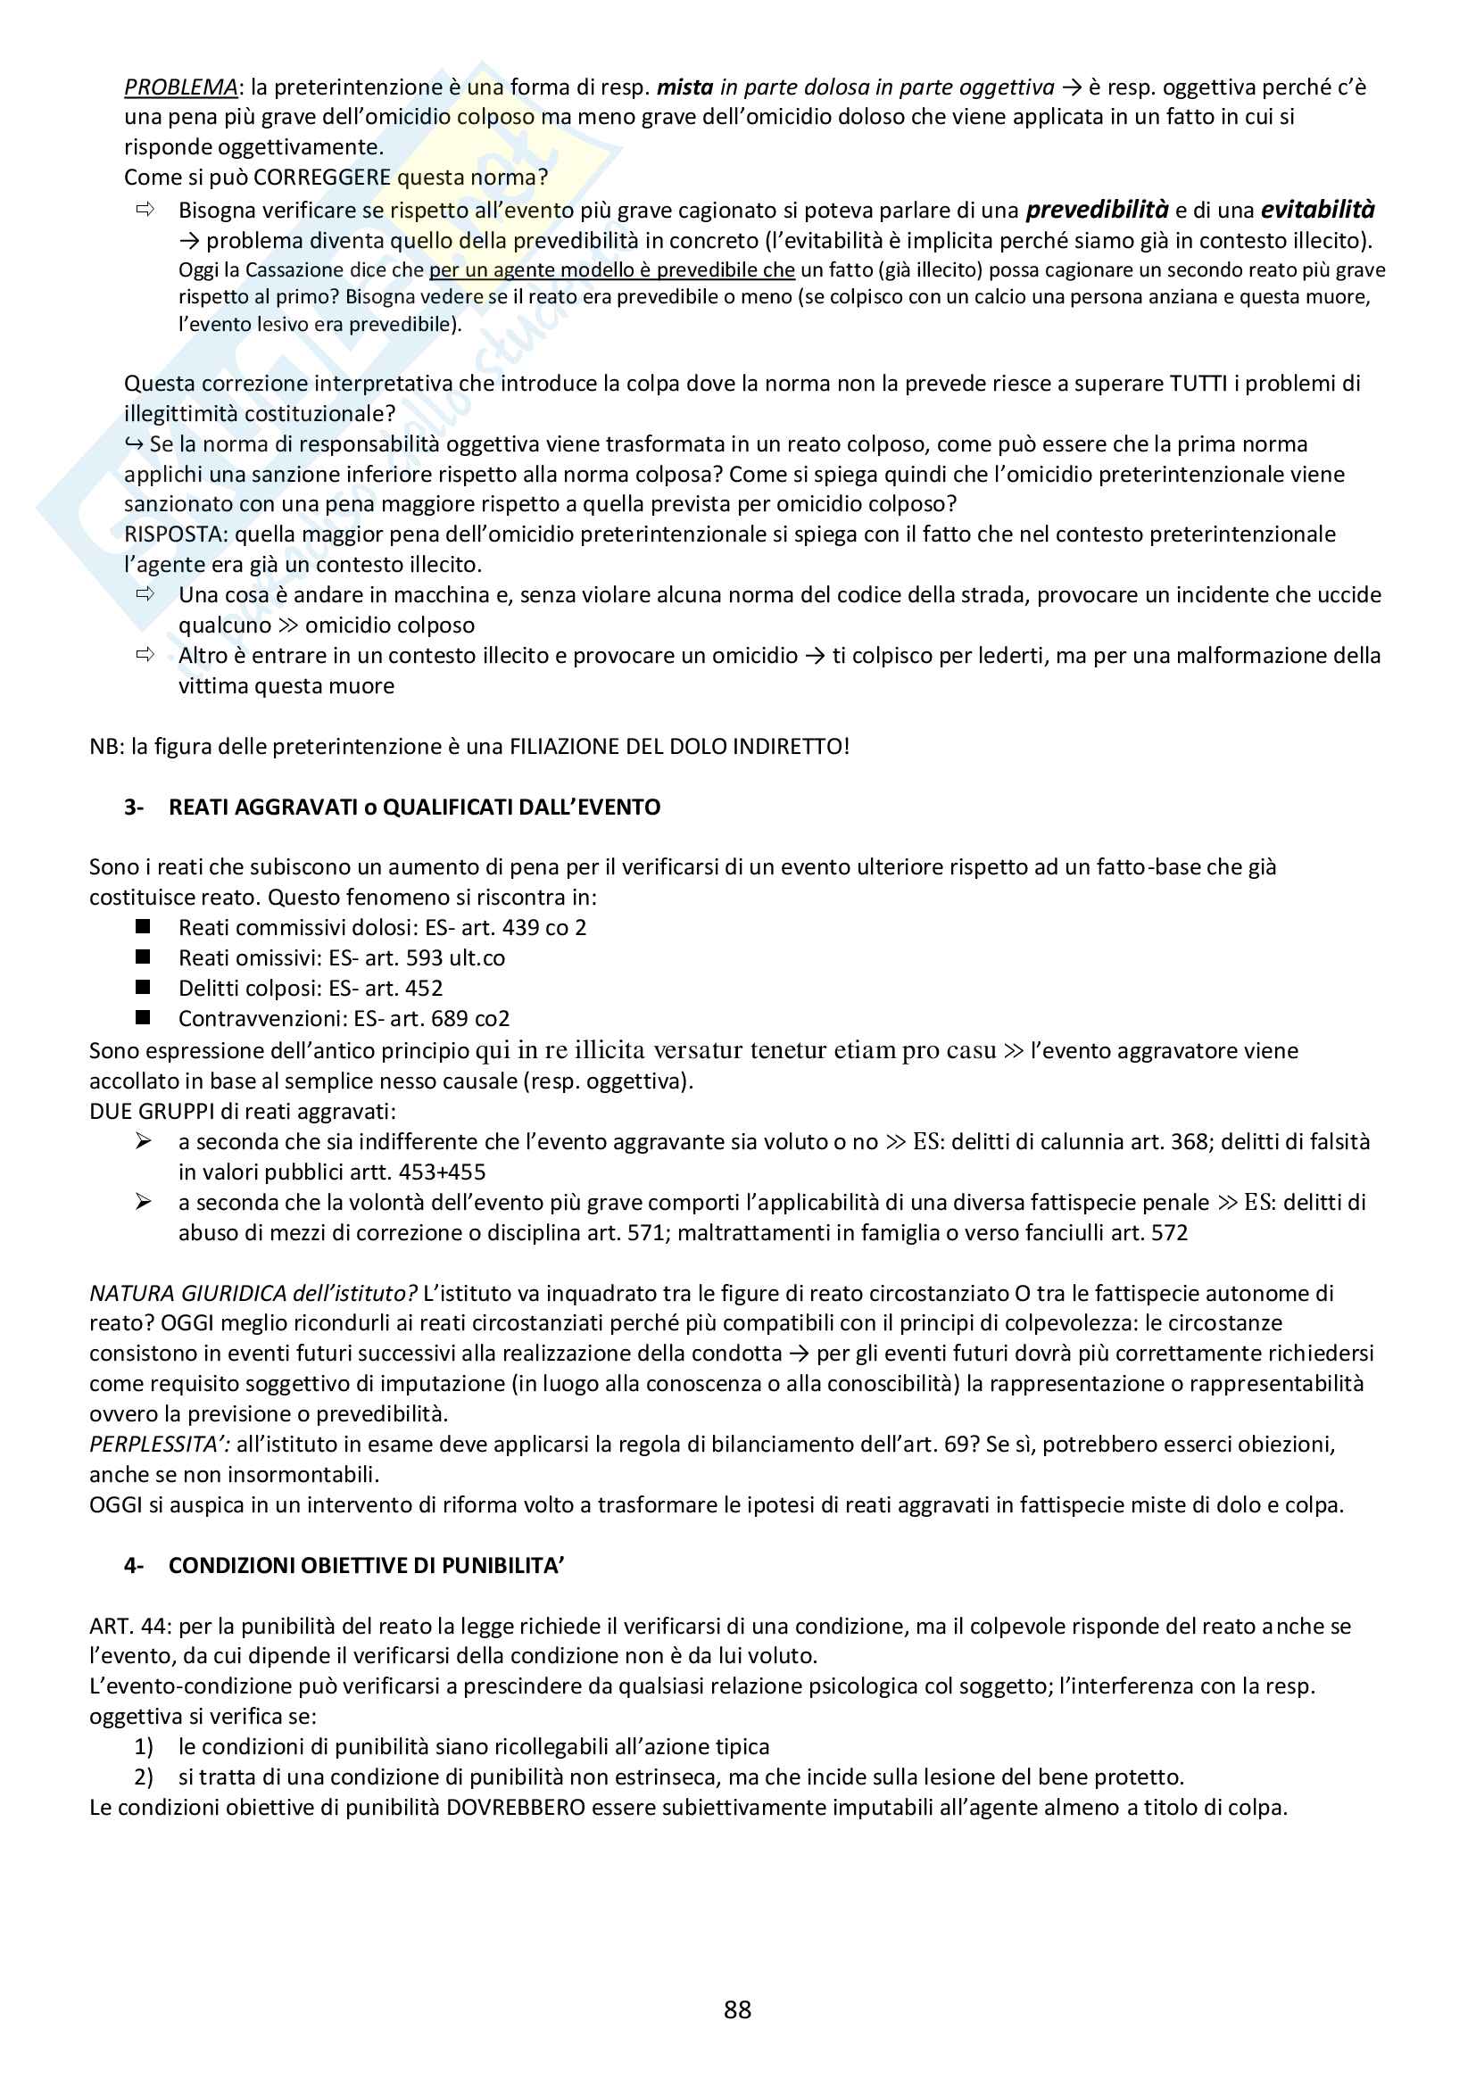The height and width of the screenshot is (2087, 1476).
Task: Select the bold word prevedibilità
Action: coord(1096,210)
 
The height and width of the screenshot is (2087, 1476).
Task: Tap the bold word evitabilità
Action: coord(1317,210)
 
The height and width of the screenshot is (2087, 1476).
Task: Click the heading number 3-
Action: coord(134,807)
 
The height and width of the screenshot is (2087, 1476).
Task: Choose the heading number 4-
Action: coord(134,1565)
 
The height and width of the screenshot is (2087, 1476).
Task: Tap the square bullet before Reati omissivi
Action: coord(143,957)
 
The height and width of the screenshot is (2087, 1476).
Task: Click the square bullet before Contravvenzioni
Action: coord(143,1017)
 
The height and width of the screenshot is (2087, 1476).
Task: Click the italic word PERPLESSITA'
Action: coord(159,1445)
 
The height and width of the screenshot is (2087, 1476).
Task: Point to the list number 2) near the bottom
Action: coord(144,1777)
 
